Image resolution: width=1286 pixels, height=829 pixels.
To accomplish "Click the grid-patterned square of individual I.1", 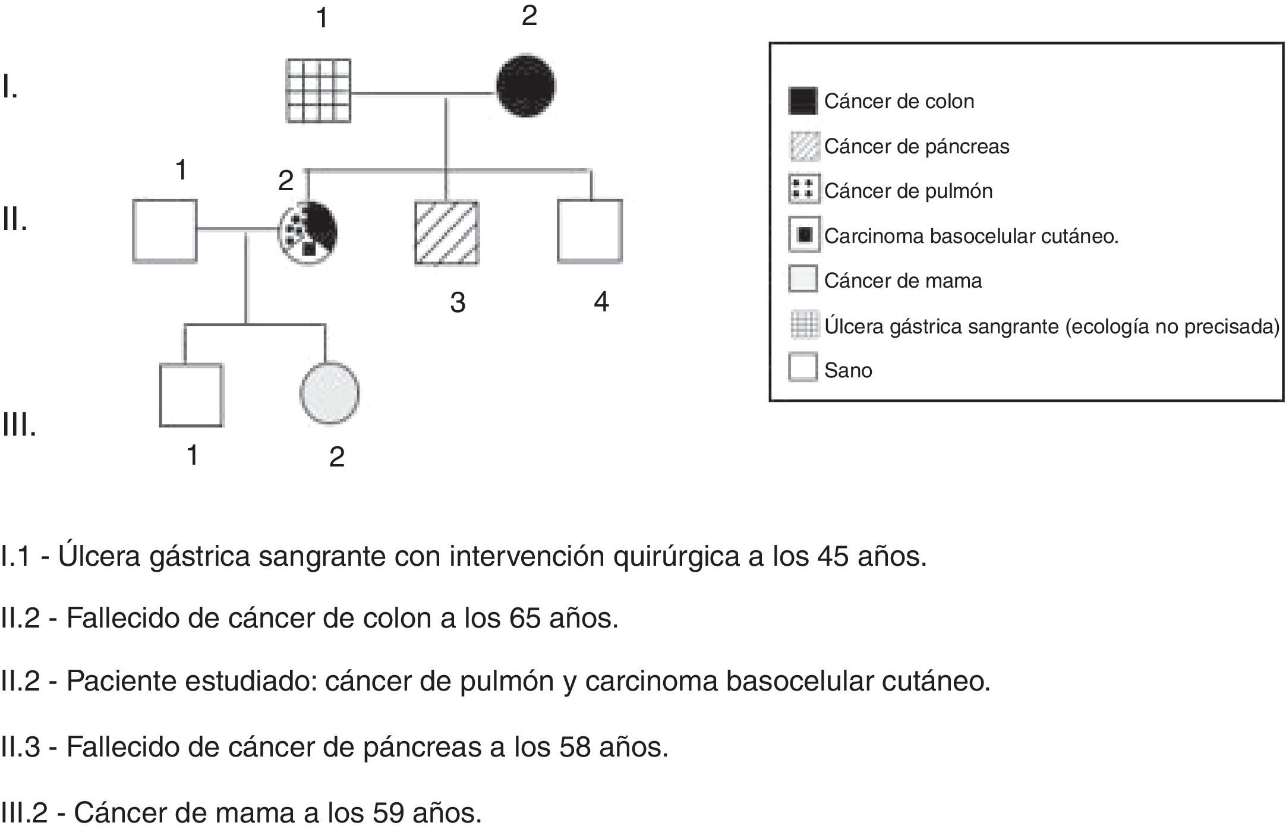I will (319, 91).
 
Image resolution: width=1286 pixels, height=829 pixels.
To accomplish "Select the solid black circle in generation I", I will (526, 86).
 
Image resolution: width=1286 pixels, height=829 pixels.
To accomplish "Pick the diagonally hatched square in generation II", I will (446, 233).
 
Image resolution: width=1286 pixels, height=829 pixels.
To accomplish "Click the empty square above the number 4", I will (590, 231).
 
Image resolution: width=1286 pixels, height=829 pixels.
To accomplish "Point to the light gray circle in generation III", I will (329, 393).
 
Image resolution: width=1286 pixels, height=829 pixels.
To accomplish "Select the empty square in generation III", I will (191, 395).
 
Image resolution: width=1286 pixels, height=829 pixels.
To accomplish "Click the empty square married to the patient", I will (165, 231).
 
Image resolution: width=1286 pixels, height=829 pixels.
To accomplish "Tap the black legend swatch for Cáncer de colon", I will (803, 101).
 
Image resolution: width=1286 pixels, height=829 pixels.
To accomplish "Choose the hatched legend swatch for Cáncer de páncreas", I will (804, 146).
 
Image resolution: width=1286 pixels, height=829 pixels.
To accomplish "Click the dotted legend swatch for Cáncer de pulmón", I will (803, 190).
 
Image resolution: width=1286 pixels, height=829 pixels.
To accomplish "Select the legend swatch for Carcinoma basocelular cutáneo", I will (804, 235).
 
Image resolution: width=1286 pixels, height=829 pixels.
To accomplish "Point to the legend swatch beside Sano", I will (803, 367).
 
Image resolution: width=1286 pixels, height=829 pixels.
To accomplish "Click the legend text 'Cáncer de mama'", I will (903, 280).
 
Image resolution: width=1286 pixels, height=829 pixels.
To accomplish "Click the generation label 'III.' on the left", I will (19, 425).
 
